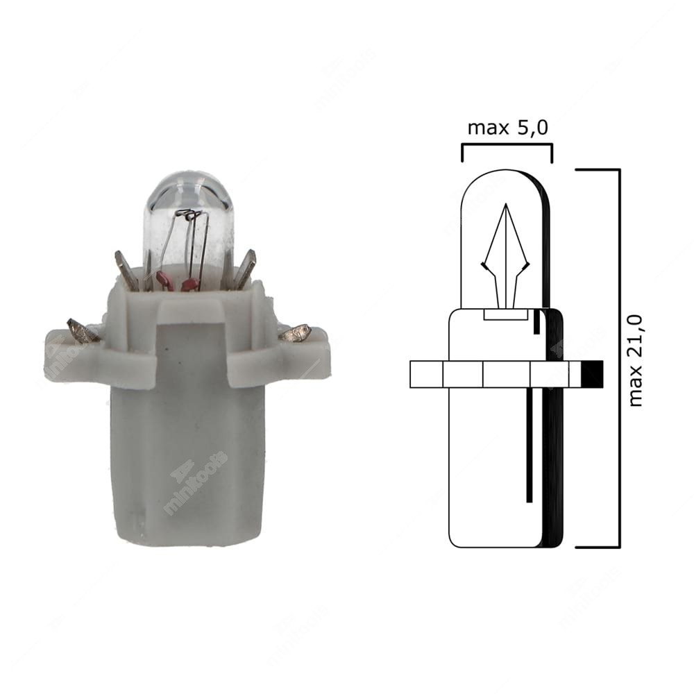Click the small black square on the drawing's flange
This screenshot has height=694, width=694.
click(591, 374)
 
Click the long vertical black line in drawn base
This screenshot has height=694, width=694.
click(529, 444)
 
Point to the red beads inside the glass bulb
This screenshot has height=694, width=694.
click(177, 280)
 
